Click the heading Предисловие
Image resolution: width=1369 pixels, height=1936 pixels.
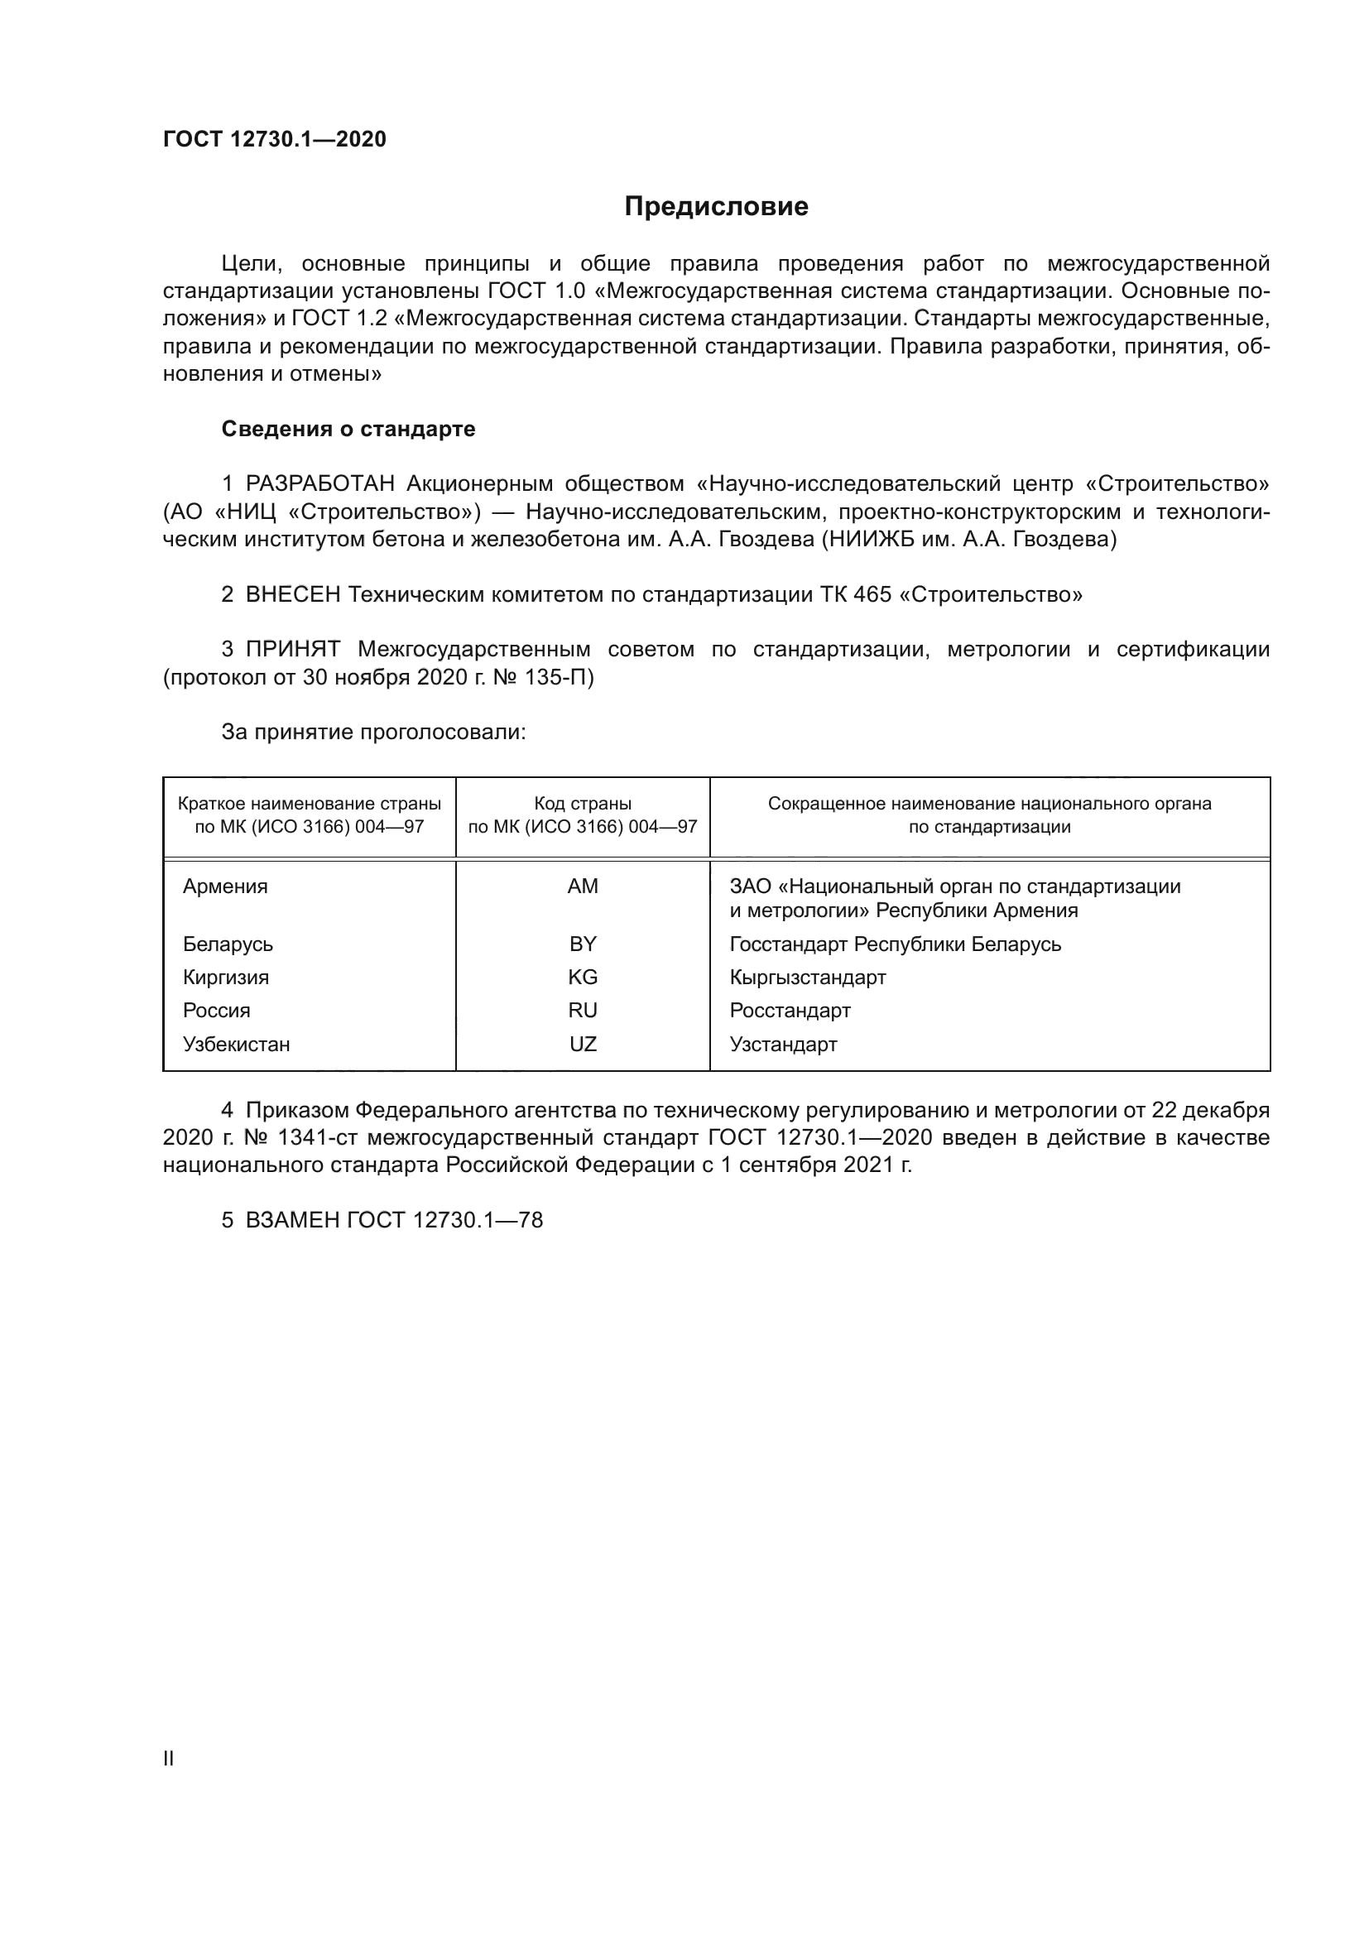[x=716, y=207]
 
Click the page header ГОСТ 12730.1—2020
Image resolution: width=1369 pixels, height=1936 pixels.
[x=274, y=140]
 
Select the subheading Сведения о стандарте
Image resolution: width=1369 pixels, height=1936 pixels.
[x=348, y=430]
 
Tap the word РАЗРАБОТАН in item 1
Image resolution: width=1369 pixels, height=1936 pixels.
[x=319, y=484]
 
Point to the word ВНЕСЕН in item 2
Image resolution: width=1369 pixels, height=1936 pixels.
[x=292, y=594]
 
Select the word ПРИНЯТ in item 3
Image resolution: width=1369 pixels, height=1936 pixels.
[x=292, y=649]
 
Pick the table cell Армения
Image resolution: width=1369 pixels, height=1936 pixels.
[x=225, y=886]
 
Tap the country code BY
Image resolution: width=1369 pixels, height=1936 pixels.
[x=583, y=944]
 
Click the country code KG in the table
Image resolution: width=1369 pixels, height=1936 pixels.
[x=583, y=978]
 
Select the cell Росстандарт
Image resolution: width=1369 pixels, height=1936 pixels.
[x=790, y=1010]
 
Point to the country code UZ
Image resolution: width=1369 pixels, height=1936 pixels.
[x=583, y=1044]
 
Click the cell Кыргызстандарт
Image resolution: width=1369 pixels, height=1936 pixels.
[x=808, y=978]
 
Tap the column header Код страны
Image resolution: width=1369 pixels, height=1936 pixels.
[x=583, y=804]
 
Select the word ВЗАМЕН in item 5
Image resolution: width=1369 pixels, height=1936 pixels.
[x=291, y=1220]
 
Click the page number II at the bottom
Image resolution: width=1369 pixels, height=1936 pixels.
[x=168, y=1758]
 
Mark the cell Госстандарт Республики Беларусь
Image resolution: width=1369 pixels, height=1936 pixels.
[x=895, y=944]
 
